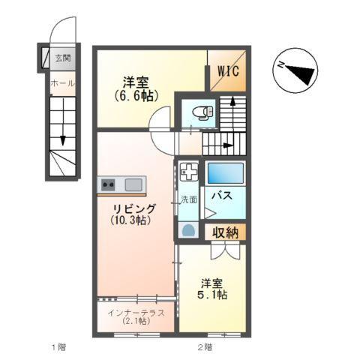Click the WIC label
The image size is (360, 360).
(228, 73)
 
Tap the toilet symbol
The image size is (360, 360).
(200, 113)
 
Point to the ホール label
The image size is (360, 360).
(61, 83)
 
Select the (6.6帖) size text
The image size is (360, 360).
(135, 96)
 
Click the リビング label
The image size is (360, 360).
(135, 208)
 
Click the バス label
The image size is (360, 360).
(220, 196)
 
